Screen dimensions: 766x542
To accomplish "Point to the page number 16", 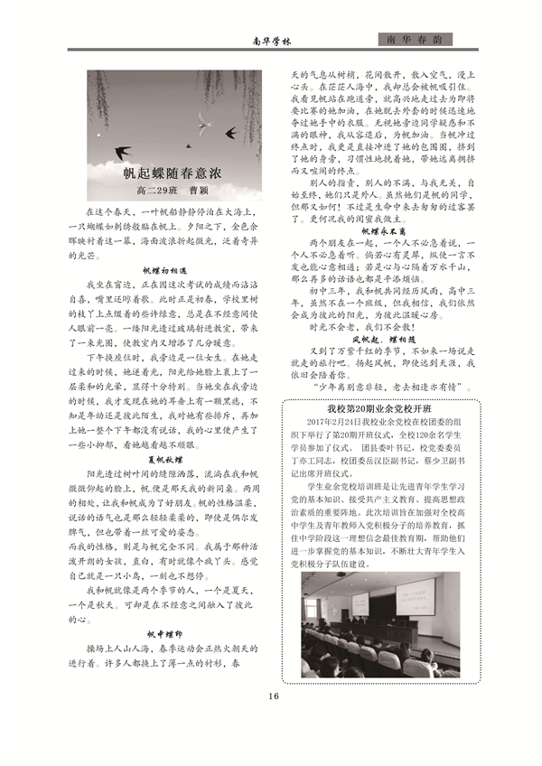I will point(272,696).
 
